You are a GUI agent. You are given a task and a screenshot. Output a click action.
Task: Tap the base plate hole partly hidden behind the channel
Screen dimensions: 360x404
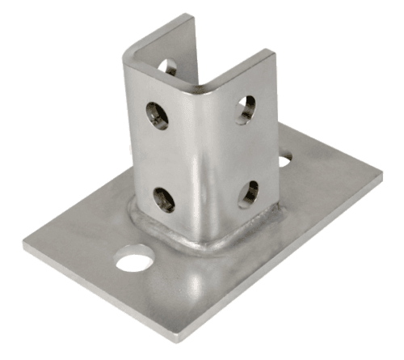[284, 160]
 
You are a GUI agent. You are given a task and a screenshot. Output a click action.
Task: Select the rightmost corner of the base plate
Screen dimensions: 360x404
[383, 171]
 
